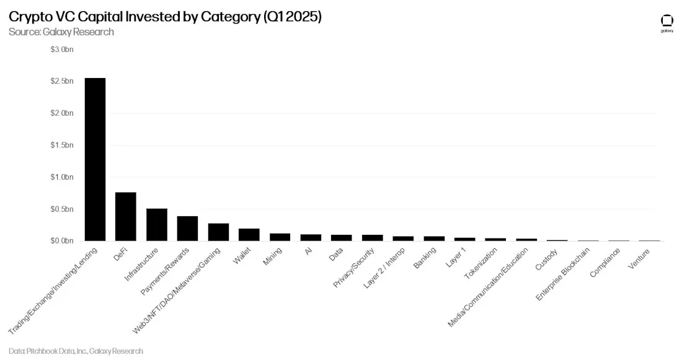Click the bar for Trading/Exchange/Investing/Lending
(95, 159)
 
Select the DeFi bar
(126, 216)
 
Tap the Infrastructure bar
(156, 224)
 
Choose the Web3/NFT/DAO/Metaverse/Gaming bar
(218, 232)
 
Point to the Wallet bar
(249, 234)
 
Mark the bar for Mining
(280, 237)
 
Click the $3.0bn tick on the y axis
(62, 50)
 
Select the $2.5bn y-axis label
(62, 81)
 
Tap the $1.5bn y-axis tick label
(62, 145)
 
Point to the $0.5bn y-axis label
(62, 209)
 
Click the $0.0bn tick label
(62, 240)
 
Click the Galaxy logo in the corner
(667, 23)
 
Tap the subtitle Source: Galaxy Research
(61, 32)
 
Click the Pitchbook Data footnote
(76, 351)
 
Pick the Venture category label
(639, 259)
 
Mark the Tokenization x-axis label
(480, 263)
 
